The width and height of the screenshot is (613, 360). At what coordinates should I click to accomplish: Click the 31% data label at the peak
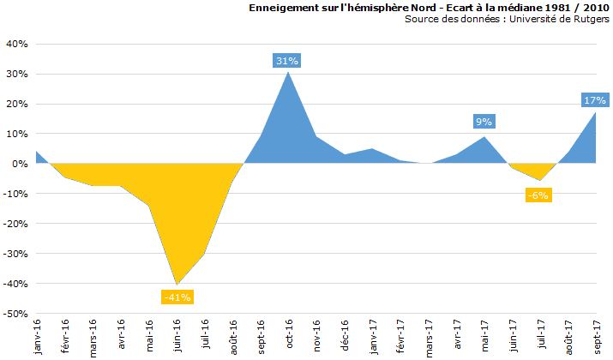[x=287, y=60]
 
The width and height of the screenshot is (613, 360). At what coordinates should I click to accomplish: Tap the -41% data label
[x=177, y=297]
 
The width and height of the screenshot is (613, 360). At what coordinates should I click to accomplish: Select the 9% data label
[x=484, y=122]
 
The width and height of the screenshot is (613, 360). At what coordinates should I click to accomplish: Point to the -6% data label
[x=538, y=195]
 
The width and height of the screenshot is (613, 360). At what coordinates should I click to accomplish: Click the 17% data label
[x=595, y=100]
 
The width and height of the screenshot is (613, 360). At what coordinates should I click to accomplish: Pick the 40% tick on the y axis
[x=17, y=44]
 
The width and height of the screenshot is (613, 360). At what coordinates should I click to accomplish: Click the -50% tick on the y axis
[x=15, y=314]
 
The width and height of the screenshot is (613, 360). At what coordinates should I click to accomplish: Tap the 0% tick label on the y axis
[x=21, y=164]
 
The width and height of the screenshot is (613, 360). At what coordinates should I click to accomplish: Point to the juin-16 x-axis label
[x=177, y=336]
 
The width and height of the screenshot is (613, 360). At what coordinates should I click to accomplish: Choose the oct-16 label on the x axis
[x=290, y=334]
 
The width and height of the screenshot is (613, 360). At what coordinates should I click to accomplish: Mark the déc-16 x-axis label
[x=346, y=335]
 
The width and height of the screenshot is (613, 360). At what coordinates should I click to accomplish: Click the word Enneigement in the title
[x=285, y=8]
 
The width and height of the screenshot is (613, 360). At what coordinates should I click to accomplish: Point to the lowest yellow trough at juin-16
[x=177, y=285]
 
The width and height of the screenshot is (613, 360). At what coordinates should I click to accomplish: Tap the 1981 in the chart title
[x=537, y=8]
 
